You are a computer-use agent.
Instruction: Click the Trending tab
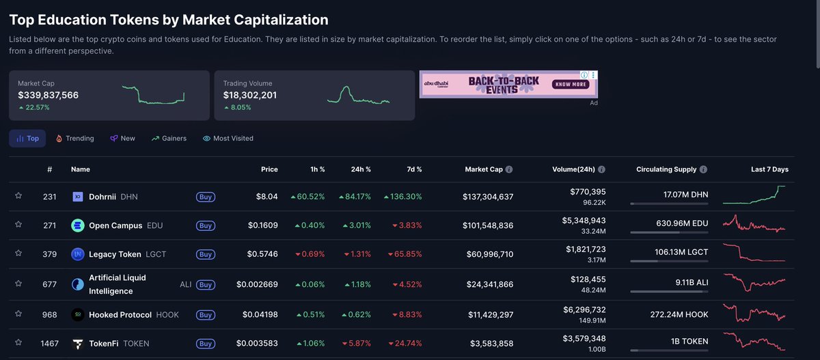(x=74, y=138)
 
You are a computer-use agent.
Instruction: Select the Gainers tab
(x=169, y=138)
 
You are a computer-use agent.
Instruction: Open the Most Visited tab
(x=228, y=138)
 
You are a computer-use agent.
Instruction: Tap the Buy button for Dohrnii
(x=205, y=197)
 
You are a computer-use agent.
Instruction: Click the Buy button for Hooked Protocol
(x=205, y=315)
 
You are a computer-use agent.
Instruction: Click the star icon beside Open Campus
(x=18, y=225)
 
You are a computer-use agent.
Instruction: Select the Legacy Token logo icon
(x=78, y=254)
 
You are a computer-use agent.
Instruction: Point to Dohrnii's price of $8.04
(x=266, y=197)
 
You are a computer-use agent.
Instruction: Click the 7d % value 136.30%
(x=402, y=197)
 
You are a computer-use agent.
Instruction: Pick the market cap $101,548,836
(x=487, y=225)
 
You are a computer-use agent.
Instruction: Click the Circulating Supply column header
(x=666, y=169)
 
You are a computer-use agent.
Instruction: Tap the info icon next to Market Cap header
(x=509, y=169)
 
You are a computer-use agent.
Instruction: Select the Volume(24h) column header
(x=573, y=169)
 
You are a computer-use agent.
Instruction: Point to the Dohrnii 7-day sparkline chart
(x=754, y=195)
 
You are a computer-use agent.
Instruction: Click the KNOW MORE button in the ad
(x=571, y=85)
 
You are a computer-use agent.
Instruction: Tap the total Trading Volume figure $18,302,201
(x=249, y=95)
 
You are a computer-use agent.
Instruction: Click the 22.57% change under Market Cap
(x=38, y=107)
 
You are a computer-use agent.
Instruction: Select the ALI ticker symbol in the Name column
(x=186, y=284)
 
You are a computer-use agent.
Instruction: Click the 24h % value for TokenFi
(x=357, y=344)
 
